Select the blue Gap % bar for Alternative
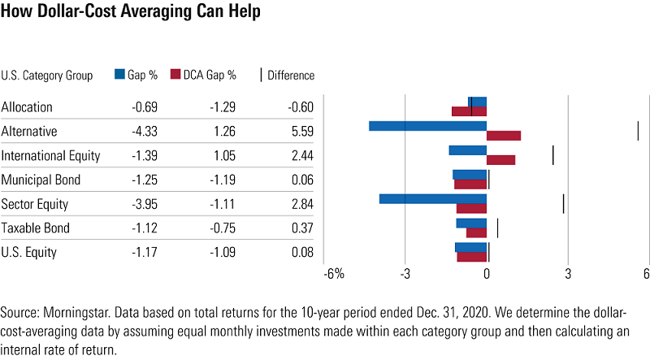pos(427,126)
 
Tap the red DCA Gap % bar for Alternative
pos(504,136)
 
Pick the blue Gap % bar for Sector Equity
pos(433,198)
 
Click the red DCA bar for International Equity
pos(500,160)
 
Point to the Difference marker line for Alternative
pos(638,131)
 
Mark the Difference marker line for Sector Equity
pos(563,203)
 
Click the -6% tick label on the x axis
pos(334,274)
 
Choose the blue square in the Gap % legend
pos(120,75)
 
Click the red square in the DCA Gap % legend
pos(175,75)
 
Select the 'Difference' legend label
pos(290,76)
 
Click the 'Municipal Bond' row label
pos(41,180)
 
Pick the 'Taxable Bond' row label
pos(36,228)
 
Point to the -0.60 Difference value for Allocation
pos(299,107)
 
